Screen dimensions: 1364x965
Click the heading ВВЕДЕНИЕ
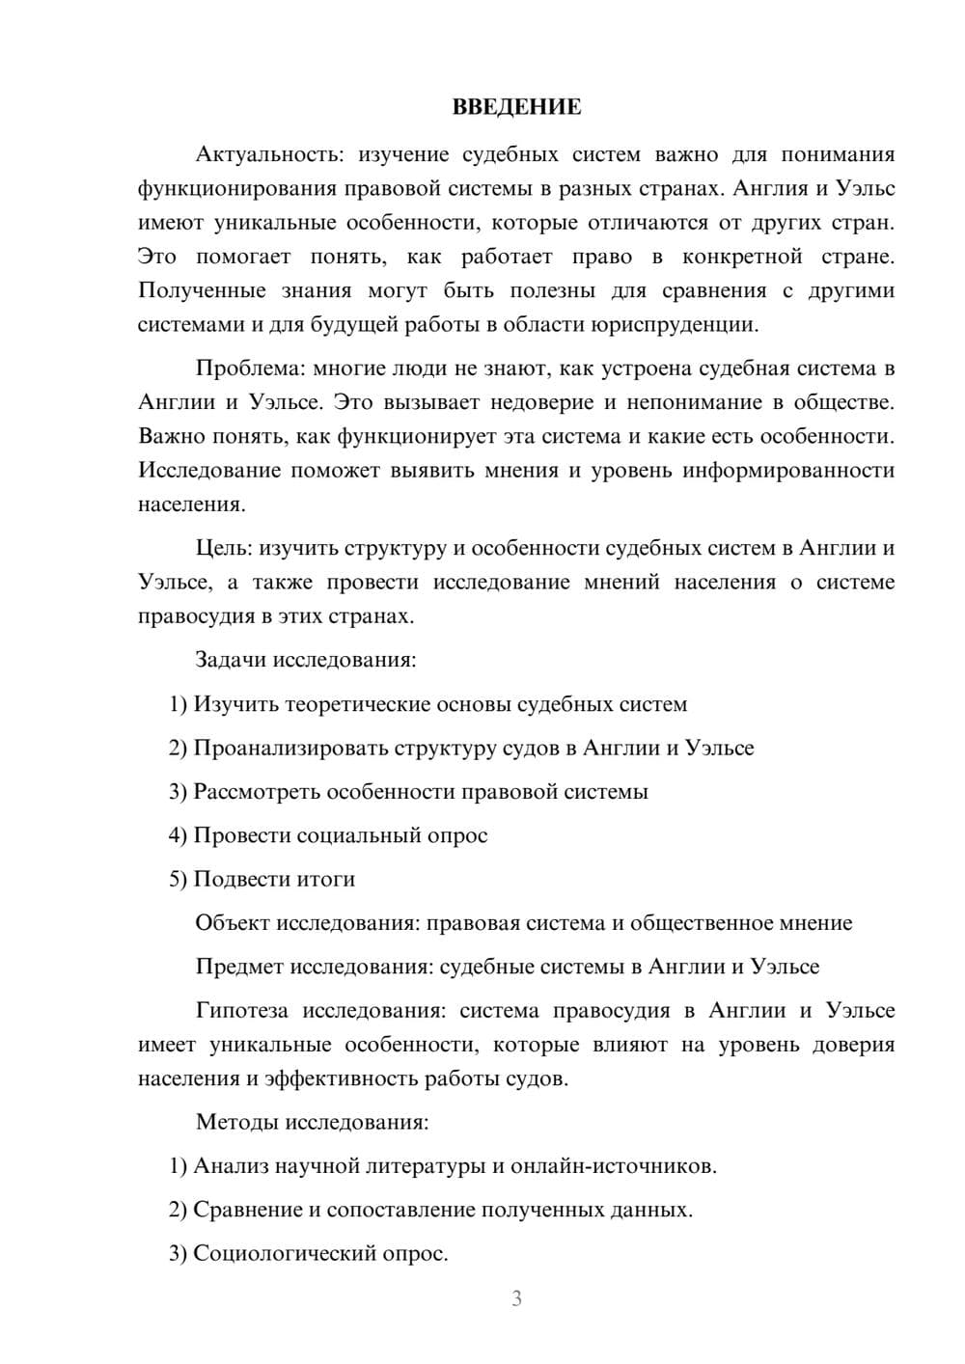516,107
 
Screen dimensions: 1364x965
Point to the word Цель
223,548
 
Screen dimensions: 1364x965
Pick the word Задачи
231,661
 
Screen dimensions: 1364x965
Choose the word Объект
233,923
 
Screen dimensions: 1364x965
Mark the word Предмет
239,967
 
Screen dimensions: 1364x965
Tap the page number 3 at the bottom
516,1298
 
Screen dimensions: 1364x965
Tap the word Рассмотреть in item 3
257,792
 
